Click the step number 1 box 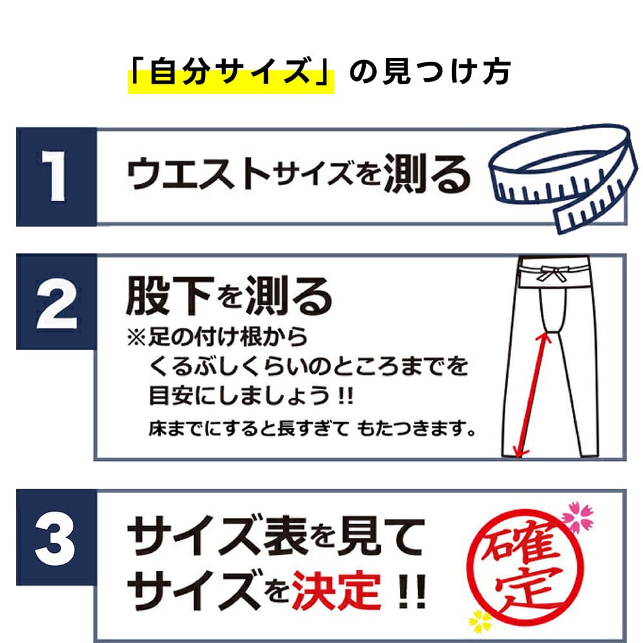[57, 177]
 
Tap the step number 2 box [57, 302]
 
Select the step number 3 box [57, 537]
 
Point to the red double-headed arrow [532, 395]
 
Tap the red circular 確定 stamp [525, 568]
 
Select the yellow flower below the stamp [480, 622]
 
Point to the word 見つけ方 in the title [447, 73]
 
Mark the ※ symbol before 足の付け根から [136, 338]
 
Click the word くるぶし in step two [192, 367]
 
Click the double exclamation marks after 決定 [413, 592]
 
